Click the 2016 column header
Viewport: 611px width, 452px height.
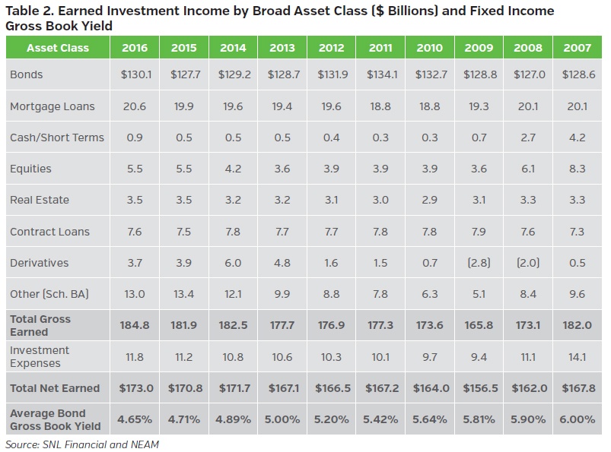[136, 48]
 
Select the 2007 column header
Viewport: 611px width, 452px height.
[578, 48]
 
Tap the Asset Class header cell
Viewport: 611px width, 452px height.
[57, 48]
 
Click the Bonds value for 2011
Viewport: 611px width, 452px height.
[380, 75]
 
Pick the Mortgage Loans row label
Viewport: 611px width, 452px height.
[53, 106]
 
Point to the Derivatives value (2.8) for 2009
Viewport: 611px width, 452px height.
[479, 263]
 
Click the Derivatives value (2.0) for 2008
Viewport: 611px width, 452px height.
[528, 263]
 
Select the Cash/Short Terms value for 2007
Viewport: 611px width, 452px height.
[578, 137]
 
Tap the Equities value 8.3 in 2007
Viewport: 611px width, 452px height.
[578, 169]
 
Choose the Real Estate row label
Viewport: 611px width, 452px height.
[40, 200]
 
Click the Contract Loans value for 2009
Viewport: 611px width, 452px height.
[479, 232]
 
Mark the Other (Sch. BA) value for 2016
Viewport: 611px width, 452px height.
[136, 294]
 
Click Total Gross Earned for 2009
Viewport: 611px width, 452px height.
[479, 325]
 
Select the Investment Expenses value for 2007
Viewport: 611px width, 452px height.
[578, 356]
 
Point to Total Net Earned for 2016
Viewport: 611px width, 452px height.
[136, 388]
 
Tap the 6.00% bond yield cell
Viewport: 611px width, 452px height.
[578, 419]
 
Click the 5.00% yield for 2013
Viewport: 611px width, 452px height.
[282, 419]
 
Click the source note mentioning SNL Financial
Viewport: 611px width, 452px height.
[82, 444]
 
